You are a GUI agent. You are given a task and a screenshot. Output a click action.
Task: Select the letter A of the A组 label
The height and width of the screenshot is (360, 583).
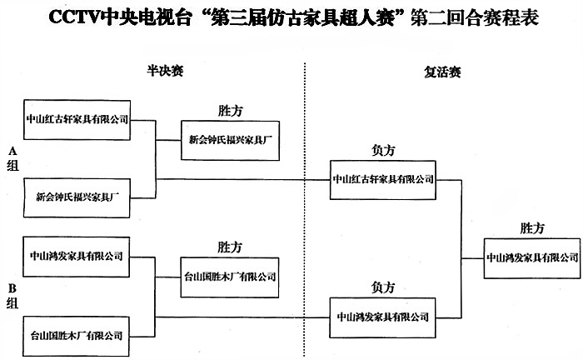12,151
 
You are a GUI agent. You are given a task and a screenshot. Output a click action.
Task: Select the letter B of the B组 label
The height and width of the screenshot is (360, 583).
12,289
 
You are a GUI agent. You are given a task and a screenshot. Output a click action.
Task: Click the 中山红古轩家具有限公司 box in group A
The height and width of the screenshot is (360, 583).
77,119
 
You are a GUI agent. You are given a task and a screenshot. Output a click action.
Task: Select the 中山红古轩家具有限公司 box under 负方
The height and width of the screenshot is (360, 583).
384,178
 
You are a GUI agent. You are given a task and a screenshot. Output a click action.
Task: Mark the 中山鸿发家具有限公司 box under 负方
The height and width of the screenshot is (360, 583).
384,317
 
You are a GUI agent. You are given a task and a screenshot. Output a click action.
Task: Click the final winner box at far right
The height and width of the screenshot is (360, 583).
532,257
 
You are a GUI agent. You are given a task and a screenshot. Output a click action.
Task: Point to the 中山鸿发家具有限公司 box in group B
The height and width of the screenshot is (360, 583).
77,256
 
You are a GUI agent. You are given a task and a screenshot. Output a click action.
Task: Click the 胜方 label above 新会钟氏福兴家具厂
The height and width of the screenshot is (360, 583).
230,110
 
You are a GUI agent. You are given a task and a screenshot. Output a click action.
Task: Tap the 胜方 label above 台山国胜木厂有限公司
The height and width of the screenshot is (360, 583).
230,247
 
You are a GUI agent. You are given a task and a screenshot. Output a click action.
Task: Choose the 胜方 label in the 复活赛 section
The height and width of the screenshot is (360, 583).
532,227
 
